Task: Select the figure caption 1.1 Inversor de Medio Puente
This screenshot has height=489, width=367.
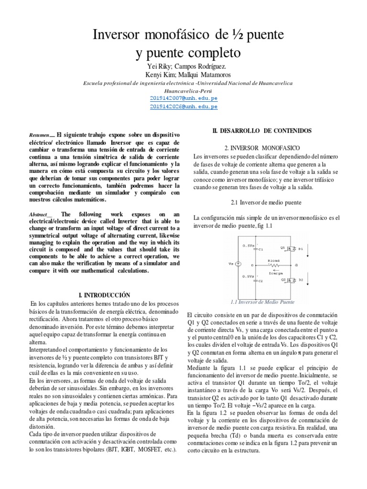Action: (262, 302)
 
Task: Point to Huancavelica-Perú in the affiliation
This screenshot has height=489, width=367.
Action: (183, 90)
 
